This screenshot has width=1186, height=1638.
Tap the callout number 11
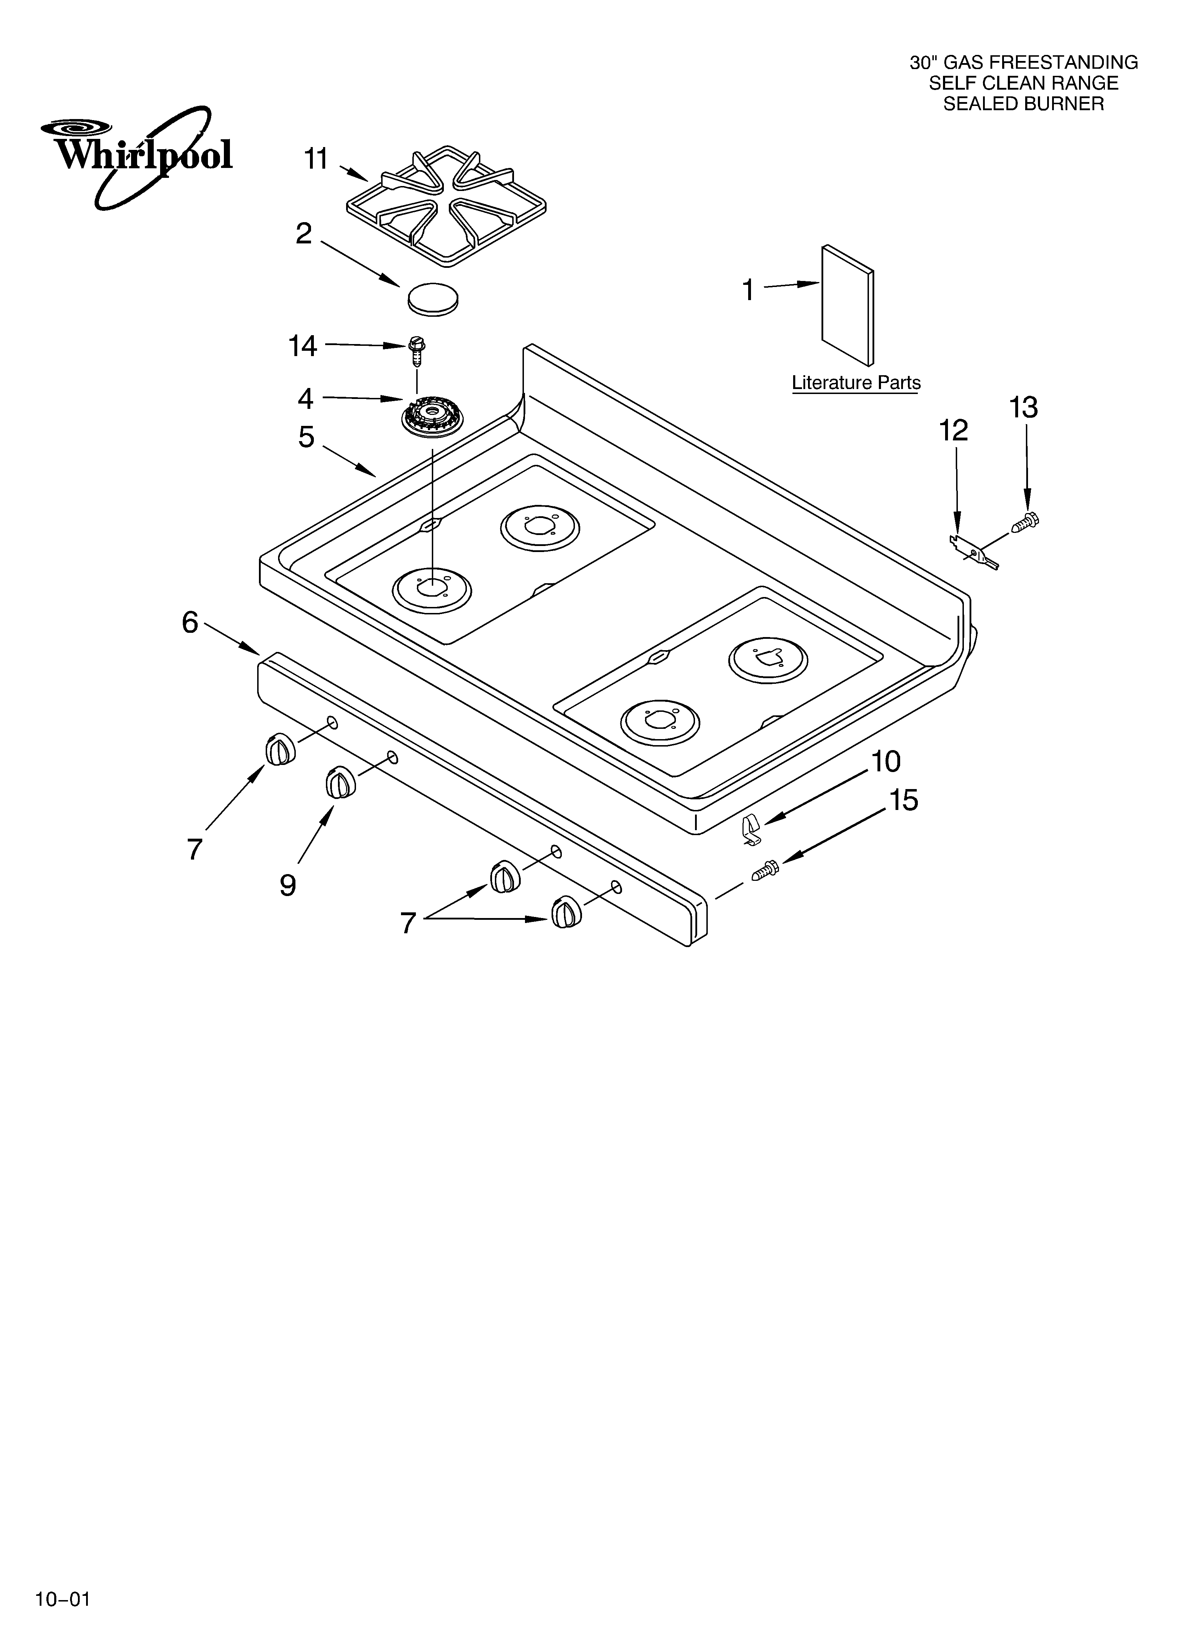[x=316, y=159]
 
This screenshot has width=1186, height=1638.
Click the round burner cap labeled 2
[x=433, y=298]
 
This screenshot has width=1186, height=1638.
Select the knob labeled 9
[x=339, y=783]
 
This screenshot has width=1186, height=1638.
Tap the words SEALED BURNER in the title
[x=1023, y=104]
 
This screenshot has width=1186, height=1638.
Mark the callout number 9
[x=288, y=885]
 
